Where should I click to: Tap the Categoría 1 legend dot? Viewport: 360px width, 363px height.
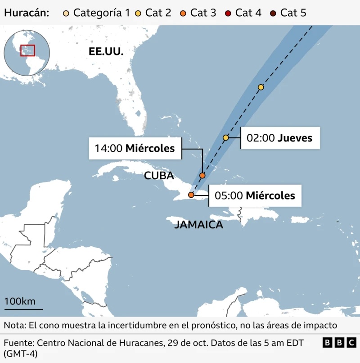click(67, 13)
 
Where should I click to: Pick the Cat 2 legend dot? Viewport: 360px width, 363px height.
click(139, 13)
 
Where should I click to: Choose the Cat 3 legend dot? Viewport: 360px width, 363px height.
click(184, 13)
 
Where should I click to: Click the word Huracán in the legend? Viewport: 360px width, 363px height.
click(27, 13)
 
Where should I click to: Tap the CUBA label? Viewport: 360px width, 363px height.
click(159, 176)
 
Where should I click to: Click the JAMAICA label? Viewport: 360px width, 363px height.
click(198, 225)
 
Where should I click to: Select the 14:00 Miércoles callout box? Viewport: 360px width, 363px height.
click(135, 148)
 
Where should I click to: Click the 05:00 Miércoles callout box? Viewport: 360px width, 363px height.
click(255, 195)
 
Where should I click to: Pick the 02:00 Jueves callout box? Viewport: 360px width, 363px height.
click(280, 138)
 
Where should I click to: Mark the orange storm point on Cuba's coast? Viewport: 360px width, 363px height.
click(191, 195)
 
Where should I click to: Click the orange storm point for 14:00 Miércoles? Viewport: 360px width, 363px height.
click(202, 175)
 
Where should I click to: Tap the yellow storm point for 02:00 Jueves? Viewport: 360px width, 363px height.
click(226, 137)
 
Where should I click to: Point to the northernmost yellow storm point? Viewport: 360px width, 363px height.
click(261, 87)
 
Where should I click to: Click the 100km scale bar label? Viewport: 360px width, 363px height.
click(20, 301)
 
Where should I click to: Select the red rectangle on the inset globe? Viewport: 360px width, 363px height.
click(27, 50)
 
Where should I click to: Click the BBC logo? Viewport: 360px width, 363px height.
click(339, 343)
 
